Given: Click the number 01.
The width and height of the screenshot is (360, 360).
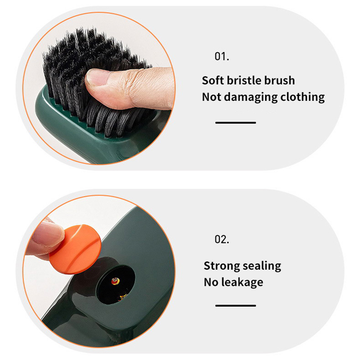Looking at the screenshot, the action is pos(222,56).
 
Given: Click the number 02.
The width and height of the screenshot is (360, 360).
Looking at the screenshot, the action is pos(222,239).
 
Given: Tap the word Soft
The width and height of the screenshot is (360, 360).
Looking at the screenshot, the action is pos(212,81).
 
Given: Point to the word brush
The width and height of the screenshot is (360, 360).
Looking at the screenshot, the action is pos(279,81).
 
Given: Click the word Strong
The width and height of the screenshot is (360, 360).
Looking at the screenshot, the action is pos(222,266).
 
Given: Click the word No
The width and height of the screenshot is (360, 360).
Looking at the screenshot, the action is pos(211,283).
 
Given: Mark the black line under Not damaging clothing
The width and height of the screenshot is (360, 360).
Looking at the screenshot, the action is pos(235,123).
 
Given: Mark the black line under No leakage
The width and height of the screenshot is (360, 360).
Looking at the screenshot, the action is pos(235,306).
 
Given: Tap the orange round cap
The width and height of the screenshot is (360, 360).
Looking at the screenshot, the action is pos(75,249).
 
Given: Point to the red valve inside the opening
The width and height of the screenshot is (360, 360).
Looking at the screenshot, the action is pos(116,281).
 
